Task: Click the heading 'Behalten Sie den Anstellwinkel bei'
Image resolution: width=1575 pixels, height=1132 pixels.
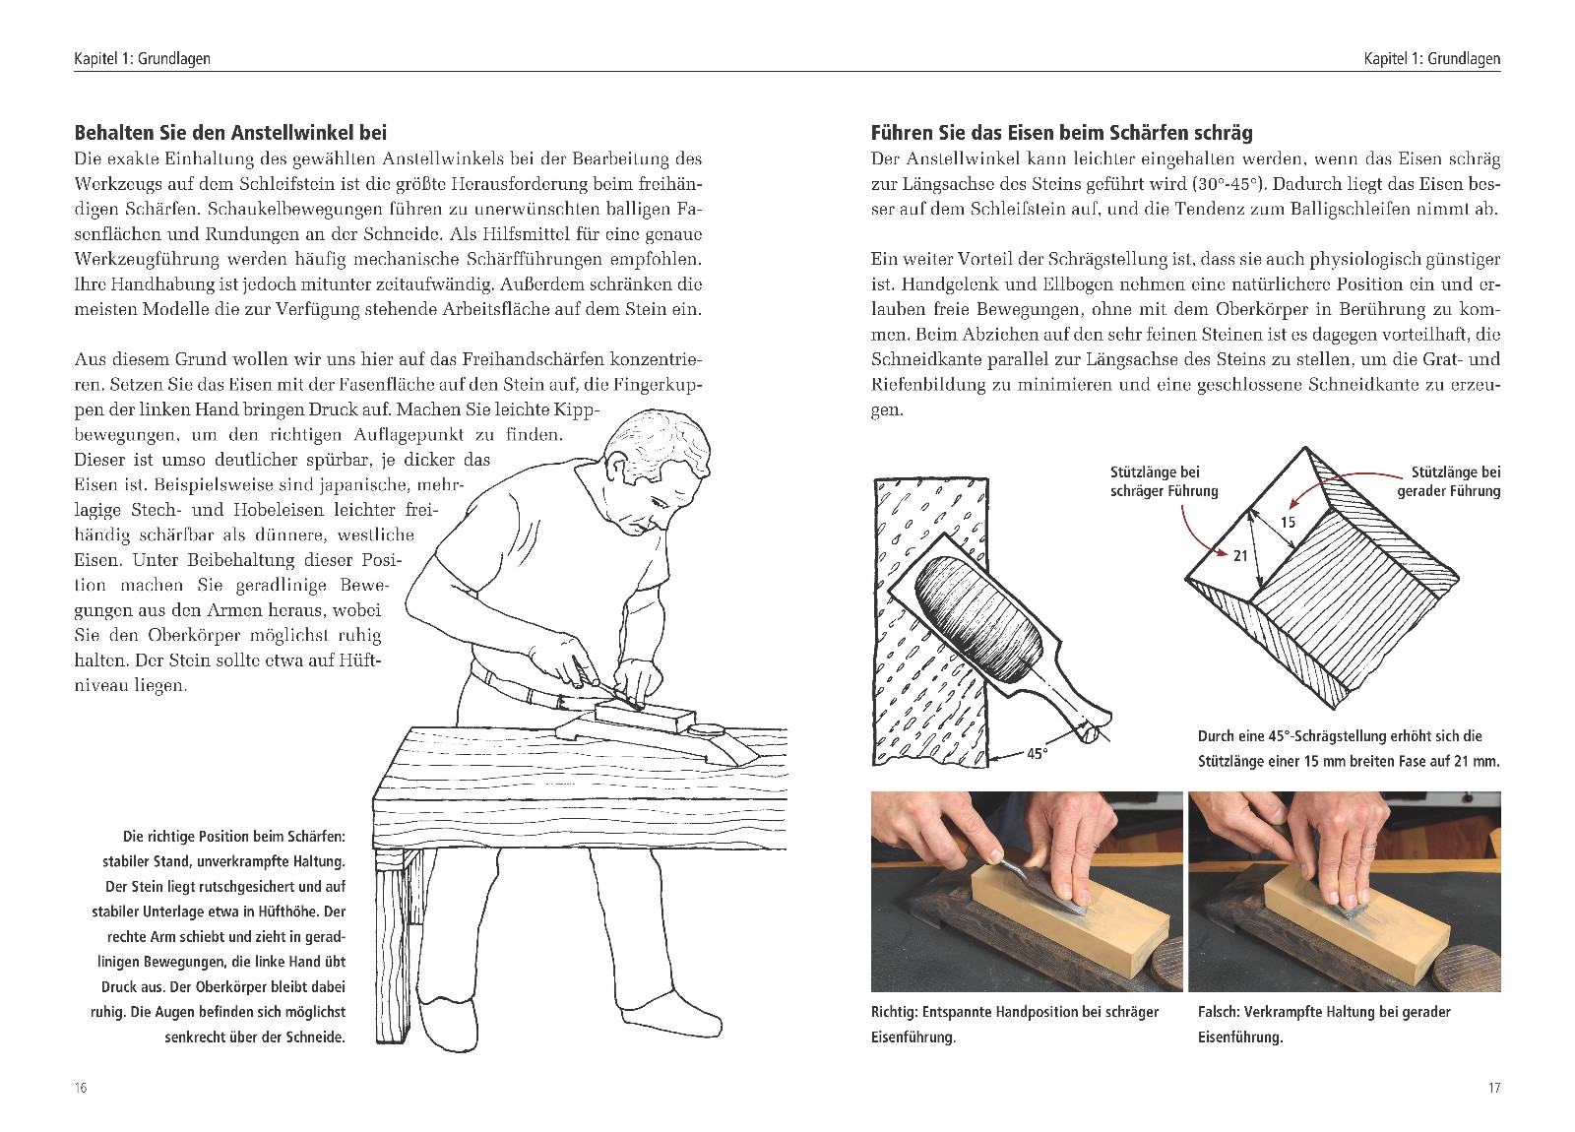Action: tap(230, 132)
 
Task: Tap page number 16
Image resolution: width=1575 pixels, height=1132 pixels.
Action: tap(80, 1088)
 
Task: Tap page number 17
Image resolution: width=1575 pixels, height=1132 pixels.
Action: tap(1493, 1088)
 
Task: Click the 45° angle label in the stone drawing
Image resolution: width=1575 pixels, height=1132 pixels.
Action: tap(1037, 754)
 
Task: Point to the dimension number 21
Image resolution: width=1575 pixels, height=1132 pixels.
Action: tap(1240, 556)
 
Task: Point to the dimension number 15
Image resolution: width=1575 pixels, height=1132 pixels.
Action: tap(1288, 523)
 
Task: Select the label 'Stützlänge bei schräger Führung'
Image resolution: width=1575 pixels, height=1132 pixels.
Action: tap(1164, 481)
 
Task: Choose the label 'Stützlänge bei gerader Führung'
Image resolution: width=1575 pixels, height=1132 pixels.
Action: tap(1448, 481)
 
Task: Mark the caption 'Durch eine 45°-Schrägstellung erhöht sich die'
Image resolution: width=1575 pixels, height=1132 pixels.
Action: tap(1339, 736)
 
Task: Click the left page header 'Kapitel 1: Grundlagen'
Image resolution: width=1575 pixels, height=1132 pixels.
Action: tap(142, 59)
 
